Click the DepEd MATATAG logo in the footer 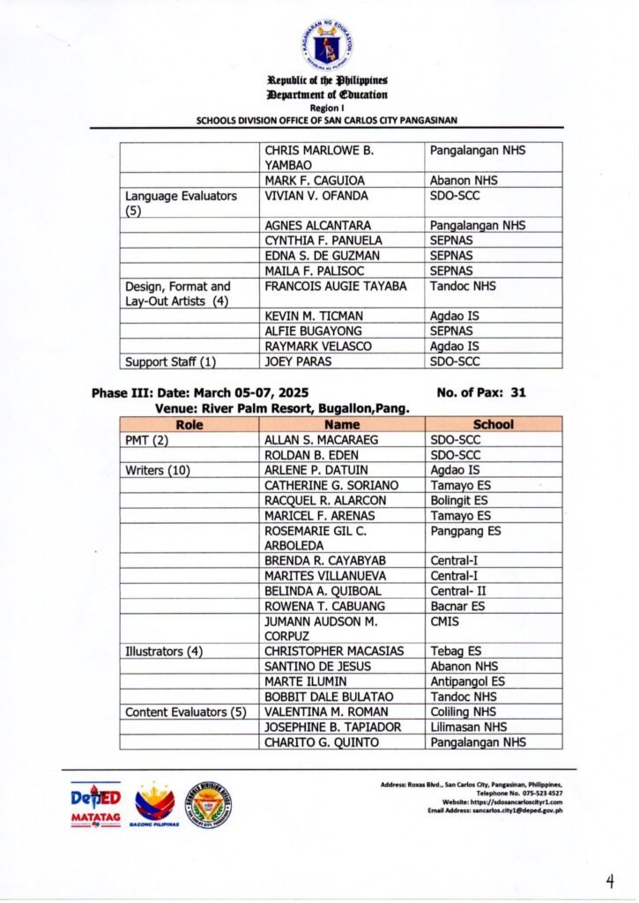(94, 804)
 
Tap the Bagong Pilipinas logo (155, 804)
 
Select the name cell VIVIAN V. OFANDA (316, 196)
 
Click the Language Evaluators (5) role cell (181, 204)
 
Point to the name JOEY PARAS (293, 362)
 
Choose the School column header (493, 424)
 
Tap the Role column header (189, 424)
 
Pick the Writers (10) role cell (158, 470)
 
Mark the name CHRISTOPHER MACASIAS (334, 651)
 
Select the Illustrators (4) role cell (164, 651)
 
